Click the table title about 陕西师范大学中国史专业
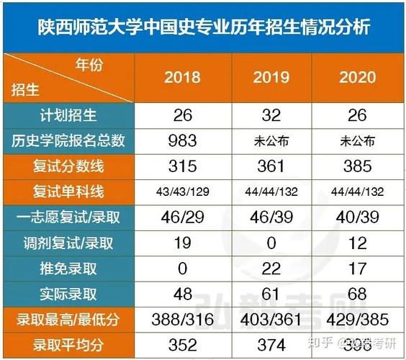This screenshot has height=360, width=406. pos(203,27)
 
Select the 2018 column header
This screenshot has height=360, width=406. pos(182,77)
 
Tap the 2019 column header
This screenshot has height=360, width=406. pos(271,77)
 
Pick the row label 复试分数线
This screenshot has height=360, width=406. pos(68,166)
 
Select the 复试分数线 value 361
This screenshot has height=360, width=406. pos(271,166)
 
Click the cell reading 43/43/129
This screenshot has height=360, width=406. pos(182,192)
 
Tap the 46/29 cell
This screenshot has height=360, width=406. pos(182,217)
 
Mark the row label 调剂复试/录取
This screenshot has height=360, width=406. pos(68,243)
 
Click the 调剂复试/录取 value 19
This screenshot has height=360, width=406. pos(182,243)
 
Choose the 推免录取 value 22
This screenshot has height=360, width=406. pos(271,268)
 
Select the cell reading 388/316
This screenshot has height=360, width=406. pos(182,319)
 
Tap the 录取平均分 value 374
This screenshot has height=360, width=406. pos(271,344)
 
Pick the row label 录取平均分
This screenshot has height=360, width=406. pos(68,344)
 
